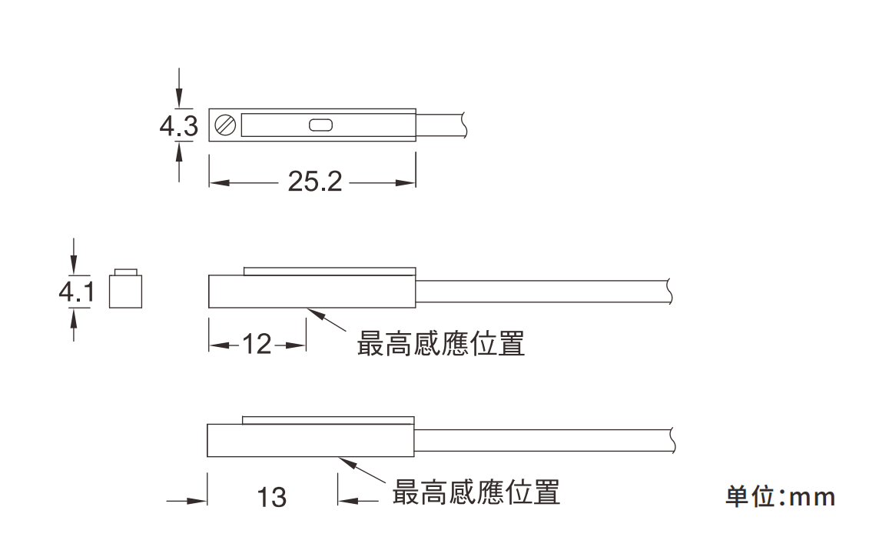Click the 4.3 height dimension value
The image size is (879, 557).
(178, 125)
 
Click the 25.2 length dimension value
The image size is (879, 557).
(314, 182)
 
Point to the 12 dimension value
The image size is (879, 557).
(257, 345)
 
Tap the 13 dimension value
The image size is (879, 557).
(271, 497)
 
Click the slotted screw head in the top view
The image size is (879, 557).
(225, 125)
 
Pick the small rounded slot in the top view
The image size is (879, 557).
(320, 125)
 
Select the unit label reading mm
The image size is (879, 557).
(780, 497)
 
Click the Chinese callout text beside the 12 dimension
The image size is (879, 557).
(441, 344)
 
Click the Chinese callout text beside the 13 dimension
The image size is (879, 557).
(476, 492)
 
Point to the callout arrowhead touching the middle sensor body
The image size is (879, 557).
(312, 312)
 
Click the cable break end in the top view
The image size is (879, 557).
(464, 125)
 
